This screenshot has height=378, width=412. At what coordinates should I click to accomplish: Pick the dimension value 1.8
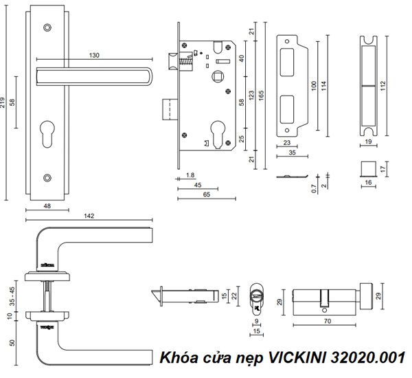point(190,175)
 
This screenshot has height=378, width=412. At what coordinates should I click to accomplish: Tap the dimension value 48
point(47,205)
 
